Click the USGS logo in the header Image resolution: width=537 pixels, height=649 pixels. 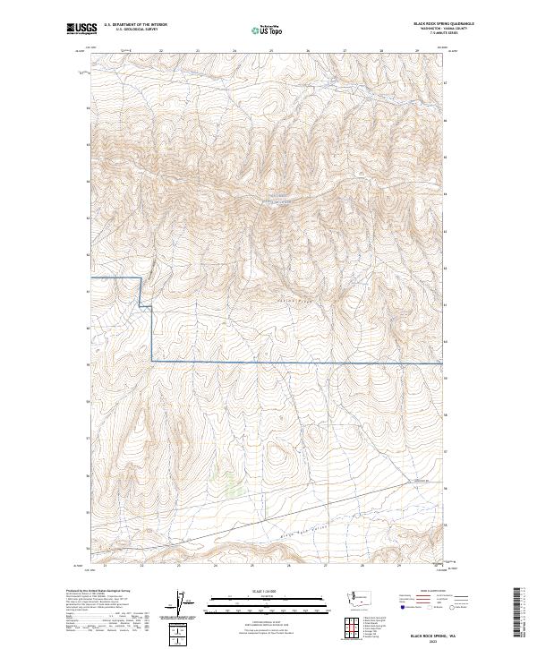point(81,29)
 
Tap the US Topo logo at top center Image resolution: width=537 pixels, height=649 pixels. point(268,30)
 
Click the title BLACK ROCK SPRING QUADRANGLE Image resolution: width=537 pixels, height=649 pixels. point(444,23)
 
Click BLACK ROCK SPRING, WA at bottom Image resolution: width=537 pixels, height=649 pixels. point(444,632)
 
